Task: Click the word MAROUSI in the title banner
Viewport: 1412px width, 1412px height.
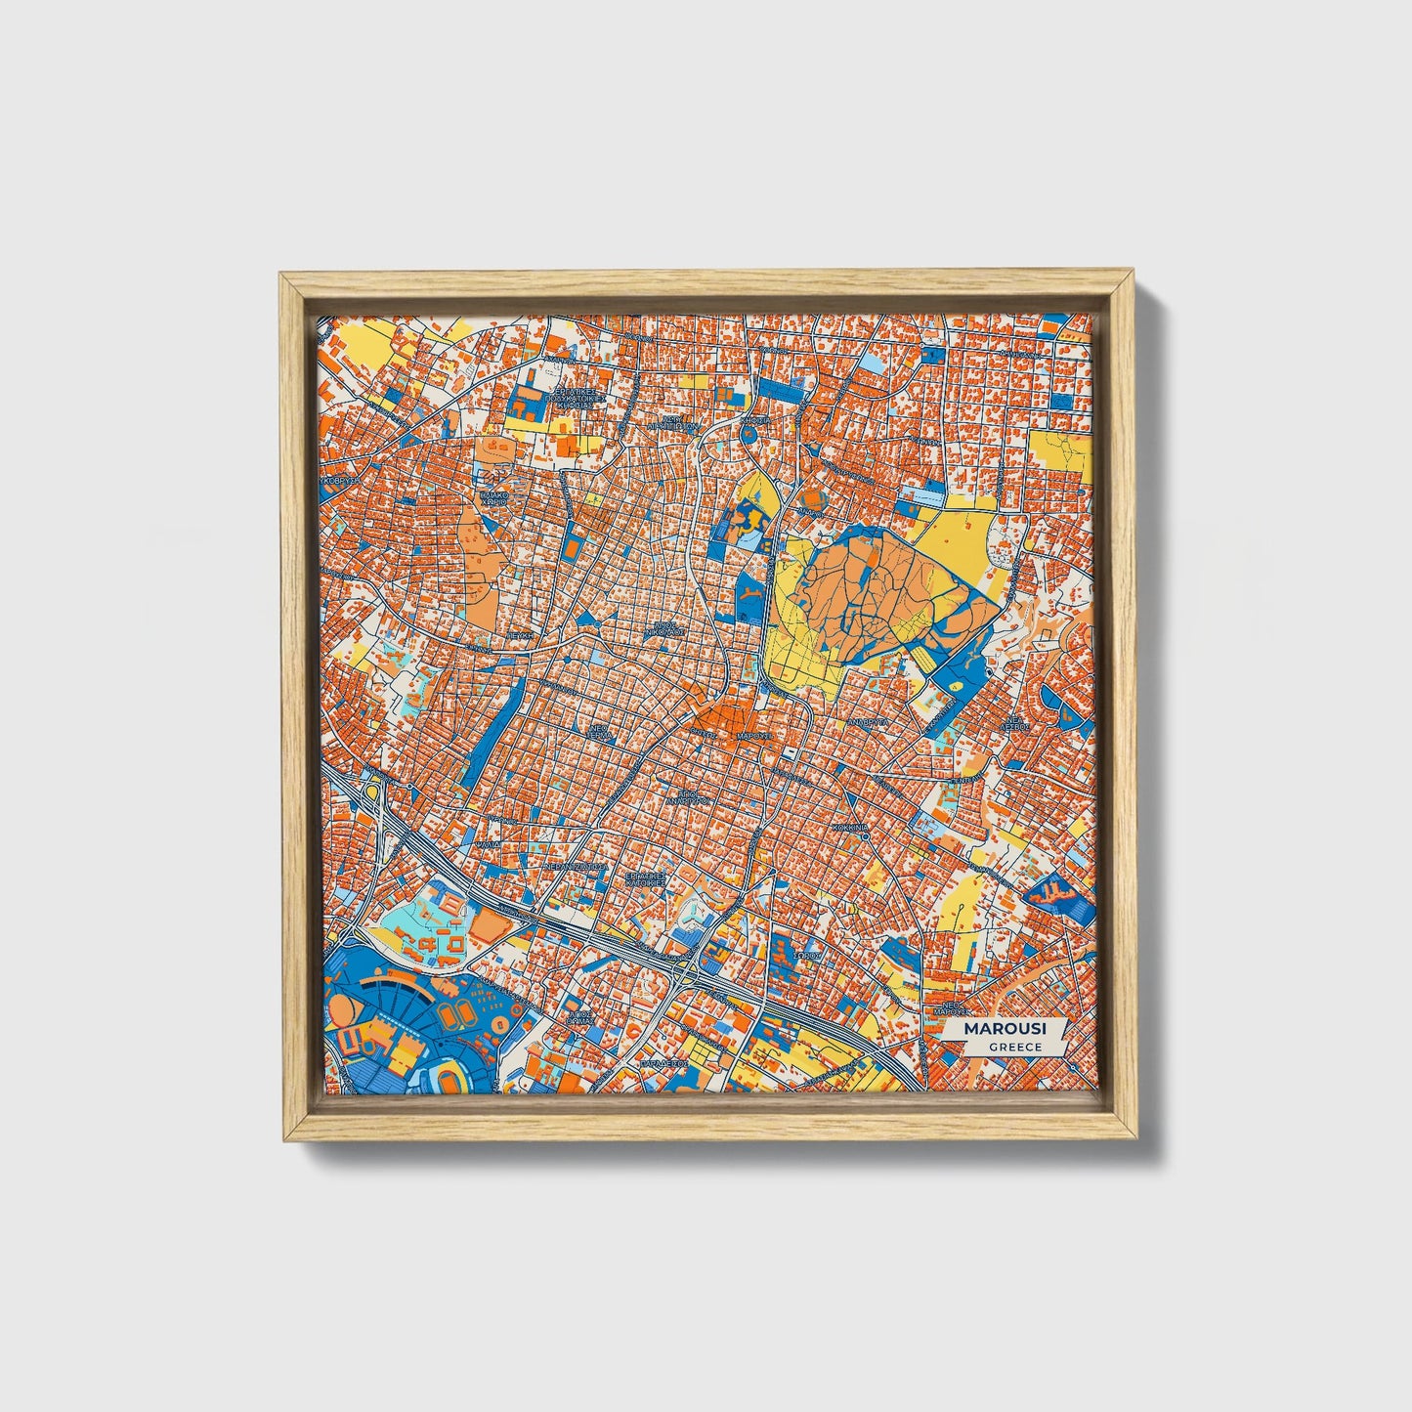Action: point(1004,1029)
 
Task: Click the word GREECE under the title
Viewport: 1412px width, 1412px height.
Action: point(1014,1048)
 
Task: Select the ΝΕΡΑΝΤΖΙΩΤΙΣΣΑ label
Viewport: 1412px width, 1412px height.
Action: point(576,866)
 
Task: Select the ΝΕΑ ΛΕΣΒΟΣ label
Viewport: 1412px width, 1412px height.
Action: point(1021,724)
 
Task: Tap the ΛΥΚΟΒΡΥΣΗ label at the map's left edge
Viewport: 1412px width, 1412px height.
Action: point(341,481)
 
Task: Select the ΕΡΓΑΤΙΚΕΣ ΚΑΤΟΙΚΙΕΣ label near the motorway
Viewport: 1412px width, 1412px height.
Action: point(646,880)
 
